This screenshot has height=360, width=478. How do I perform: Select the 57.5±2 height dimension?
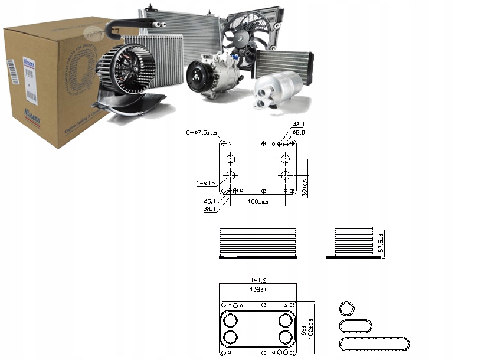(x=381, y=243)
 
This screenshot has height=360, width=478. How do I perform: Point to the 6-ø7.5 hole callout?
(x=201, y=133)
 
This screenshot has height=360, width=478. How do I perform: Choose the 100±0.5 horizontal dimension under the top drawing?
(x=257, y=202)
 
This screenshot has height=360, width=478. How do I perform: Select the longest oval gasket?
(x=374, y=343)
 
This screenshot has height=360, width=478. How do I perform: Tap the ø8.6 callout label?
(x=299, y=133)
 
